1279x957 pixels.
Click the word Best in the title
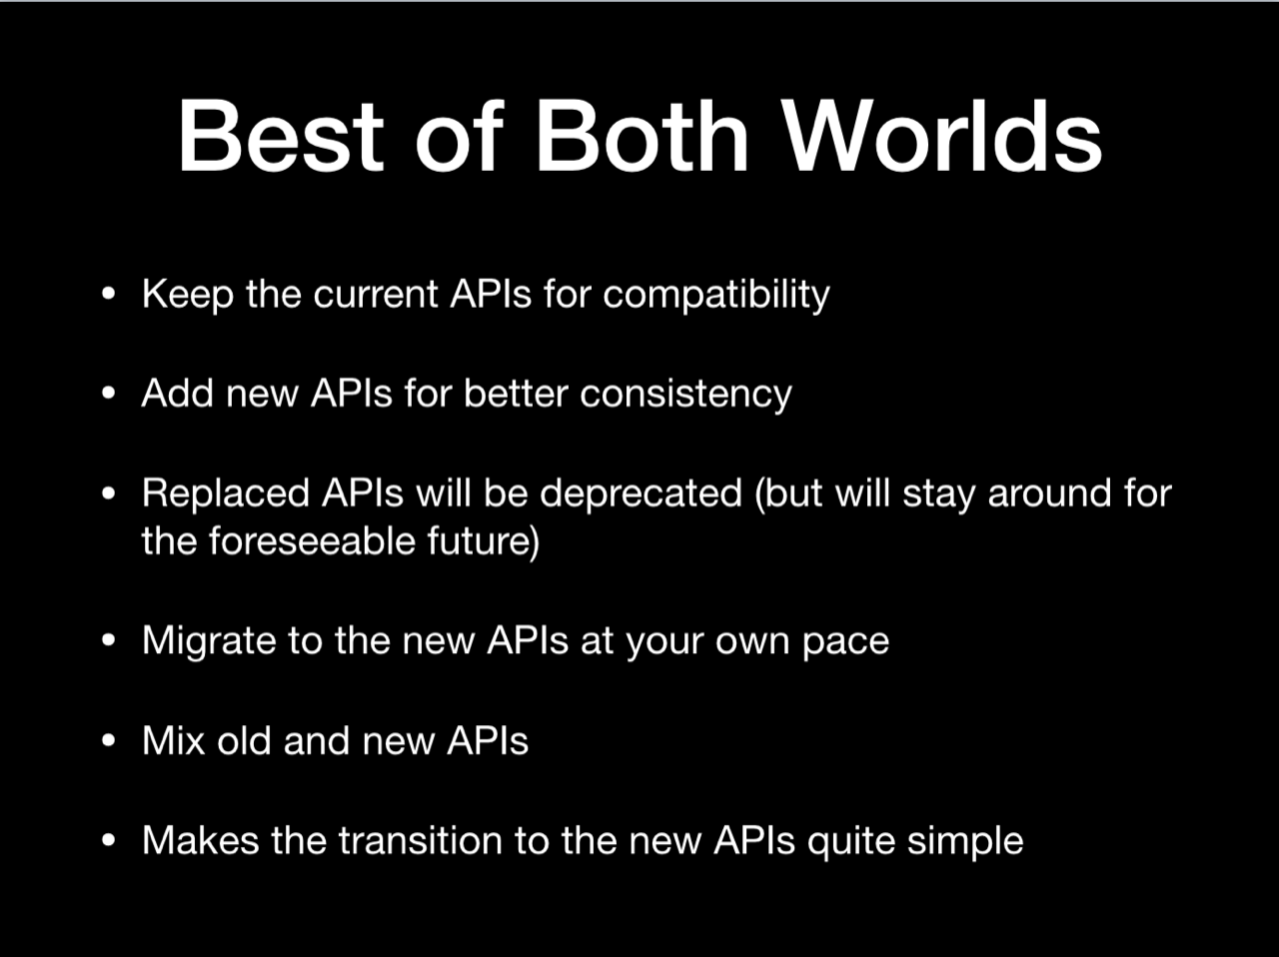coord(281,135)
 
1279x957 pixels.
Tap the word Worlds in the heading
coord(941,135)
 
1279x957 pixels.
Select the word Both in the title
coord(641,135)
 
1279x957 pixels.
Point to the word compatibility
coord(716,295)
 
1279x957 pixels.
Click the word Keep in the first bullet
coord(188,295)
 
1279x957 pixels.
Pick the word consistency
coord(685,395)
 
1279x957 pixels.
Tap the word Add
coord(177,394)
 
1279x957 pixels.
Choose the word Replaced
coord(225,493)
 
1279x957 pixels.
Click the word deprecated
coord(640,493)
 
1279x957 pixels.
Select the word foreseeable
coord(311,540)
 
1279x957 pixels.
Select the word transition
coord(421,840)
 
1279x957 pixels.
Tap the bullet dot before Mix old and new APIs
coord(108,741)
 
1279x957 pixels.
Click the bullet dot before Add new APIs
coord(108,394)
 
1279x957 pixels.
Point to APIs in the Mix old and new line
coord(488,741)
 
